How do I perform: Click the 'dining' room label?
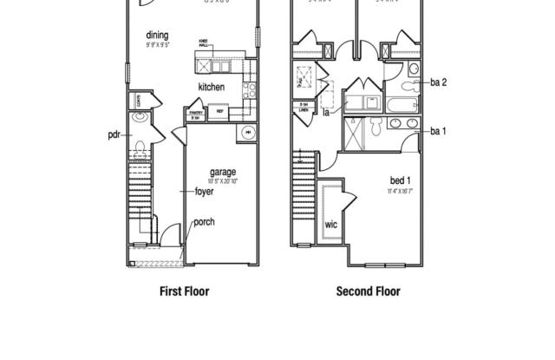pyautogui.click(x=157, y=36)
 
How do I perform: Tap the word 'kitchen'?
pyautogui.click(x=212, y=88)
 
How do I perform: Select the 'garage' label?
pyautogui.click(x=223, y=172)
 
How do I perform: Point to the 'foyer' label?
pyautogui.click(x=204, y=192)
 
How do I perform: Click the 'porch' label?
pyautogui.click(x=204, y=222)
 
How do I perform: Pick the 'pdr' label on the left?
pyautogui.click(x=113, y=134)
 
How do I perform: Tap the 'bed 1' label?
pyautogui.click(x=400, y=180)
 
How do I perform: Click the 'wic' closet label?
pyautogui.click(x=330, y=225)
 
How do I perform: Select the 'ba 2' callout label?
pyautogui.click(x=439, y=82)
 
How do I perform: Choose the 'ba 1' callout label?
pyautogui.click(x=439, y=131)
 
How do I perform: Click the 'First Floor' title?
pyautogui.click(x=184, y=291)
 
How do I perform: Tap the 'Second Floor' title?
pyautogui.click(x=369, y=291)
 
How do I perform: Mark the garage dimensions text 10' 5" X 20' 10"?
pyautogui.click(x=223, y=180)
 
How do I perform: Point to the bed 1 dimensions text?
pyautogui.click(x=400, y=189)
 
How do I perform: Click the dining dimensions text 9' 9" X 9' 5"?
pyautogui.click(x=157, y=44)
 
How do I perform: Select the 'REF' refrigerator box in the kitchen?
pyautogui.click(x=220, y=111)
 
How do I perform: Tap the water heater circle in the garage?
pyautogui.click(x=248, y=132)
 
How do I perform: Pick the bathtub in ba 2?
pyautogui.click(x=404, y=106)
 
